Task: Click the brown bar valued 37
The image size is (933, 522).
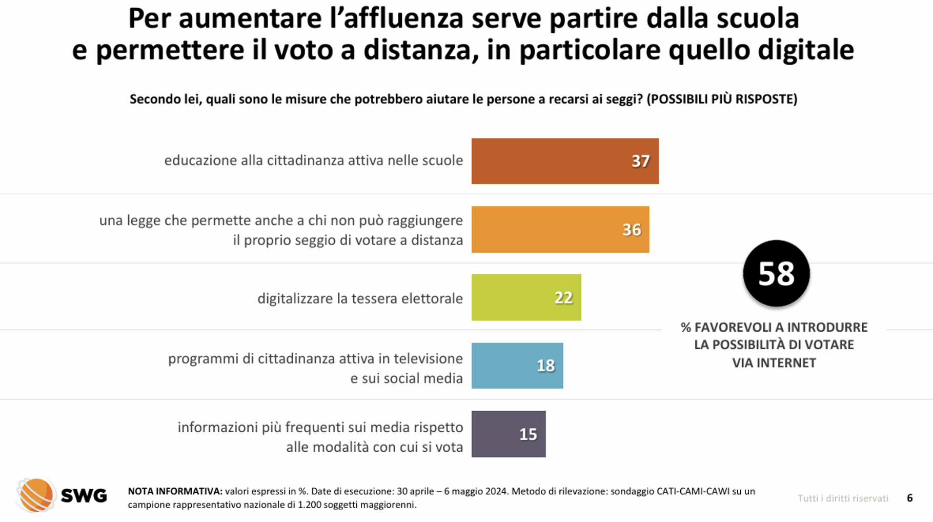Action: (x=564, y=161)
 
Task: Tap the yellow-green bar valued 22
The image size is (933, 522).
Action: (x=526, y=297)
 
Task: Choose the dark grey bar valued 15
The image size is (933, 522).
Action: (x=508, y=434)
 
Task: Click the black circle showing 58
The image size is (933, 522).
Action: (x=776, y=273)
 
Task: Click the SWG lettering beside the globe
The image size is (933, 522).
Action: (x=84, y=496)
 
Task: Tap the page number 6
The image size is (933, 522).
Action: (x=909, y=498)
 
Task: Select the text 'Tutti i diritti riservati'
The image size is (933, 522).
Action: (x=843, y=498)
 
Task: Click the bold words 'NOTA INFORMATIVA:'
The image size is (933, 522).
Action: (x=175, y=491)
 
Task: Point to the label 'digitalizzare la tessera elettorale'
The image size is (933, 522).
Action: (x=360, y=298)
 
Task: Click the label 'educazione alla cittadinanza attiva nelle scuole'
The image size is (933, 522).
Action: (x=313, y=160)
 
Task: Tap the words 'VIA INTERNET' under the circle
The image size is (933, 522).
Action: (x=774, y=363)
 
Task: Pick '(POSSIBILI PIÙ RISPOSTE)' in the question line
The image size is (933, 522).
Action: (x=722, y=99)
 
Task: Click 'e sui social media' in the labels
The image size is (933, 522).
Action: (x=406, y=378)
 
